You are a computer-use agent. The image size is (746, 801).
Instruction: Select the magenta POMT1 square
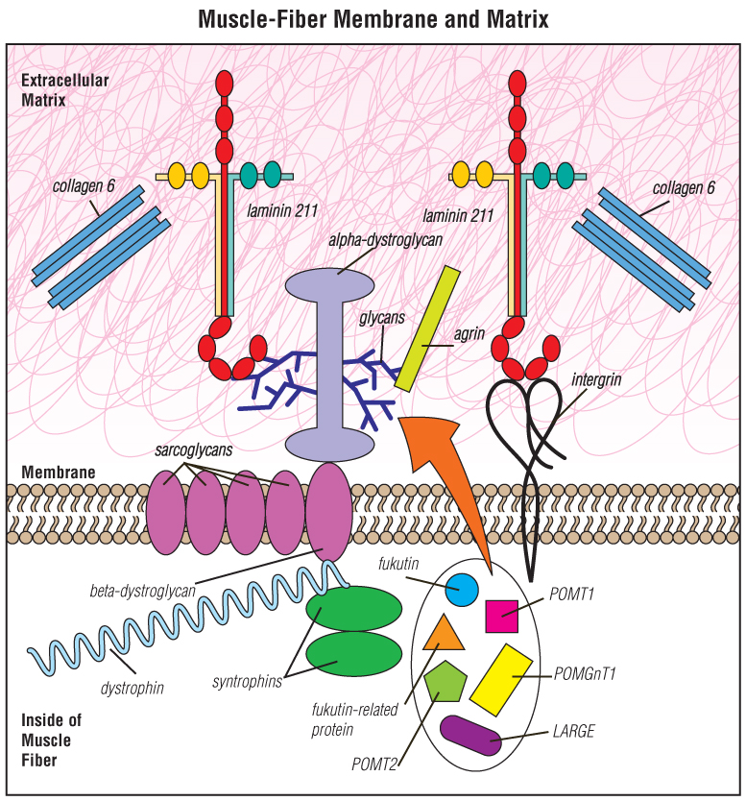tap(502, 616)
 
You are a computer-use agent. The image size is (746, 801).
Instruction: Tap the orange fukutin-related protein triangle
tap(444, 633)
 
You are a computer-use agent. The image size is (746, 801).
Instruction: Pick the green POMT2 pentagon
tap(445, 683)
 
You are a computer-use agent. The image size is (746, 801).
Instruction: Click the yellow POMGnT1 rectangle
tap(500, 679)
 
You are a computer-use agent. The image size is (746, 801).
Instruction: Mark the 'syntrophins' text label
tap(247, 682)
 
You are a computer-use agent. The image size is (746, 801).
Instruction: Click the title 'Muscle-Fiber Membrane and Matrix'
tap(373, 19)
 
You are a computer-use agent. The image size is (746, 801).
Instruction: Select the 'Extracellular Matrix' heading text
tap(55, 89)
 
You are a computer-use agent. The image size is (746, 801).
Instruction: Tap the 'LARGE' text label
tap(573, 732)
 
